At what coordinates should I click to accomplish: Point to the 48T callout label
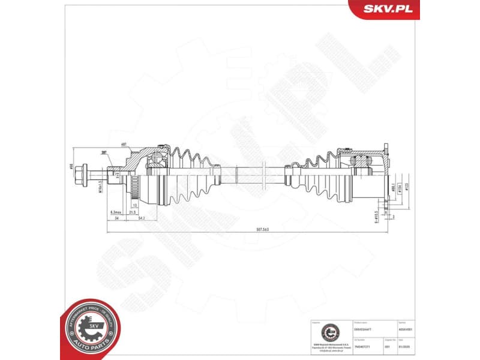tap(124, 145)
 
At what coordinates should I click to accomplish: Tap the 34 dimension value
tap(116, 219)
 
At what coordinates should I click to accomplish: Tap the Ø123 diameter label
tap(406, 187)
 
